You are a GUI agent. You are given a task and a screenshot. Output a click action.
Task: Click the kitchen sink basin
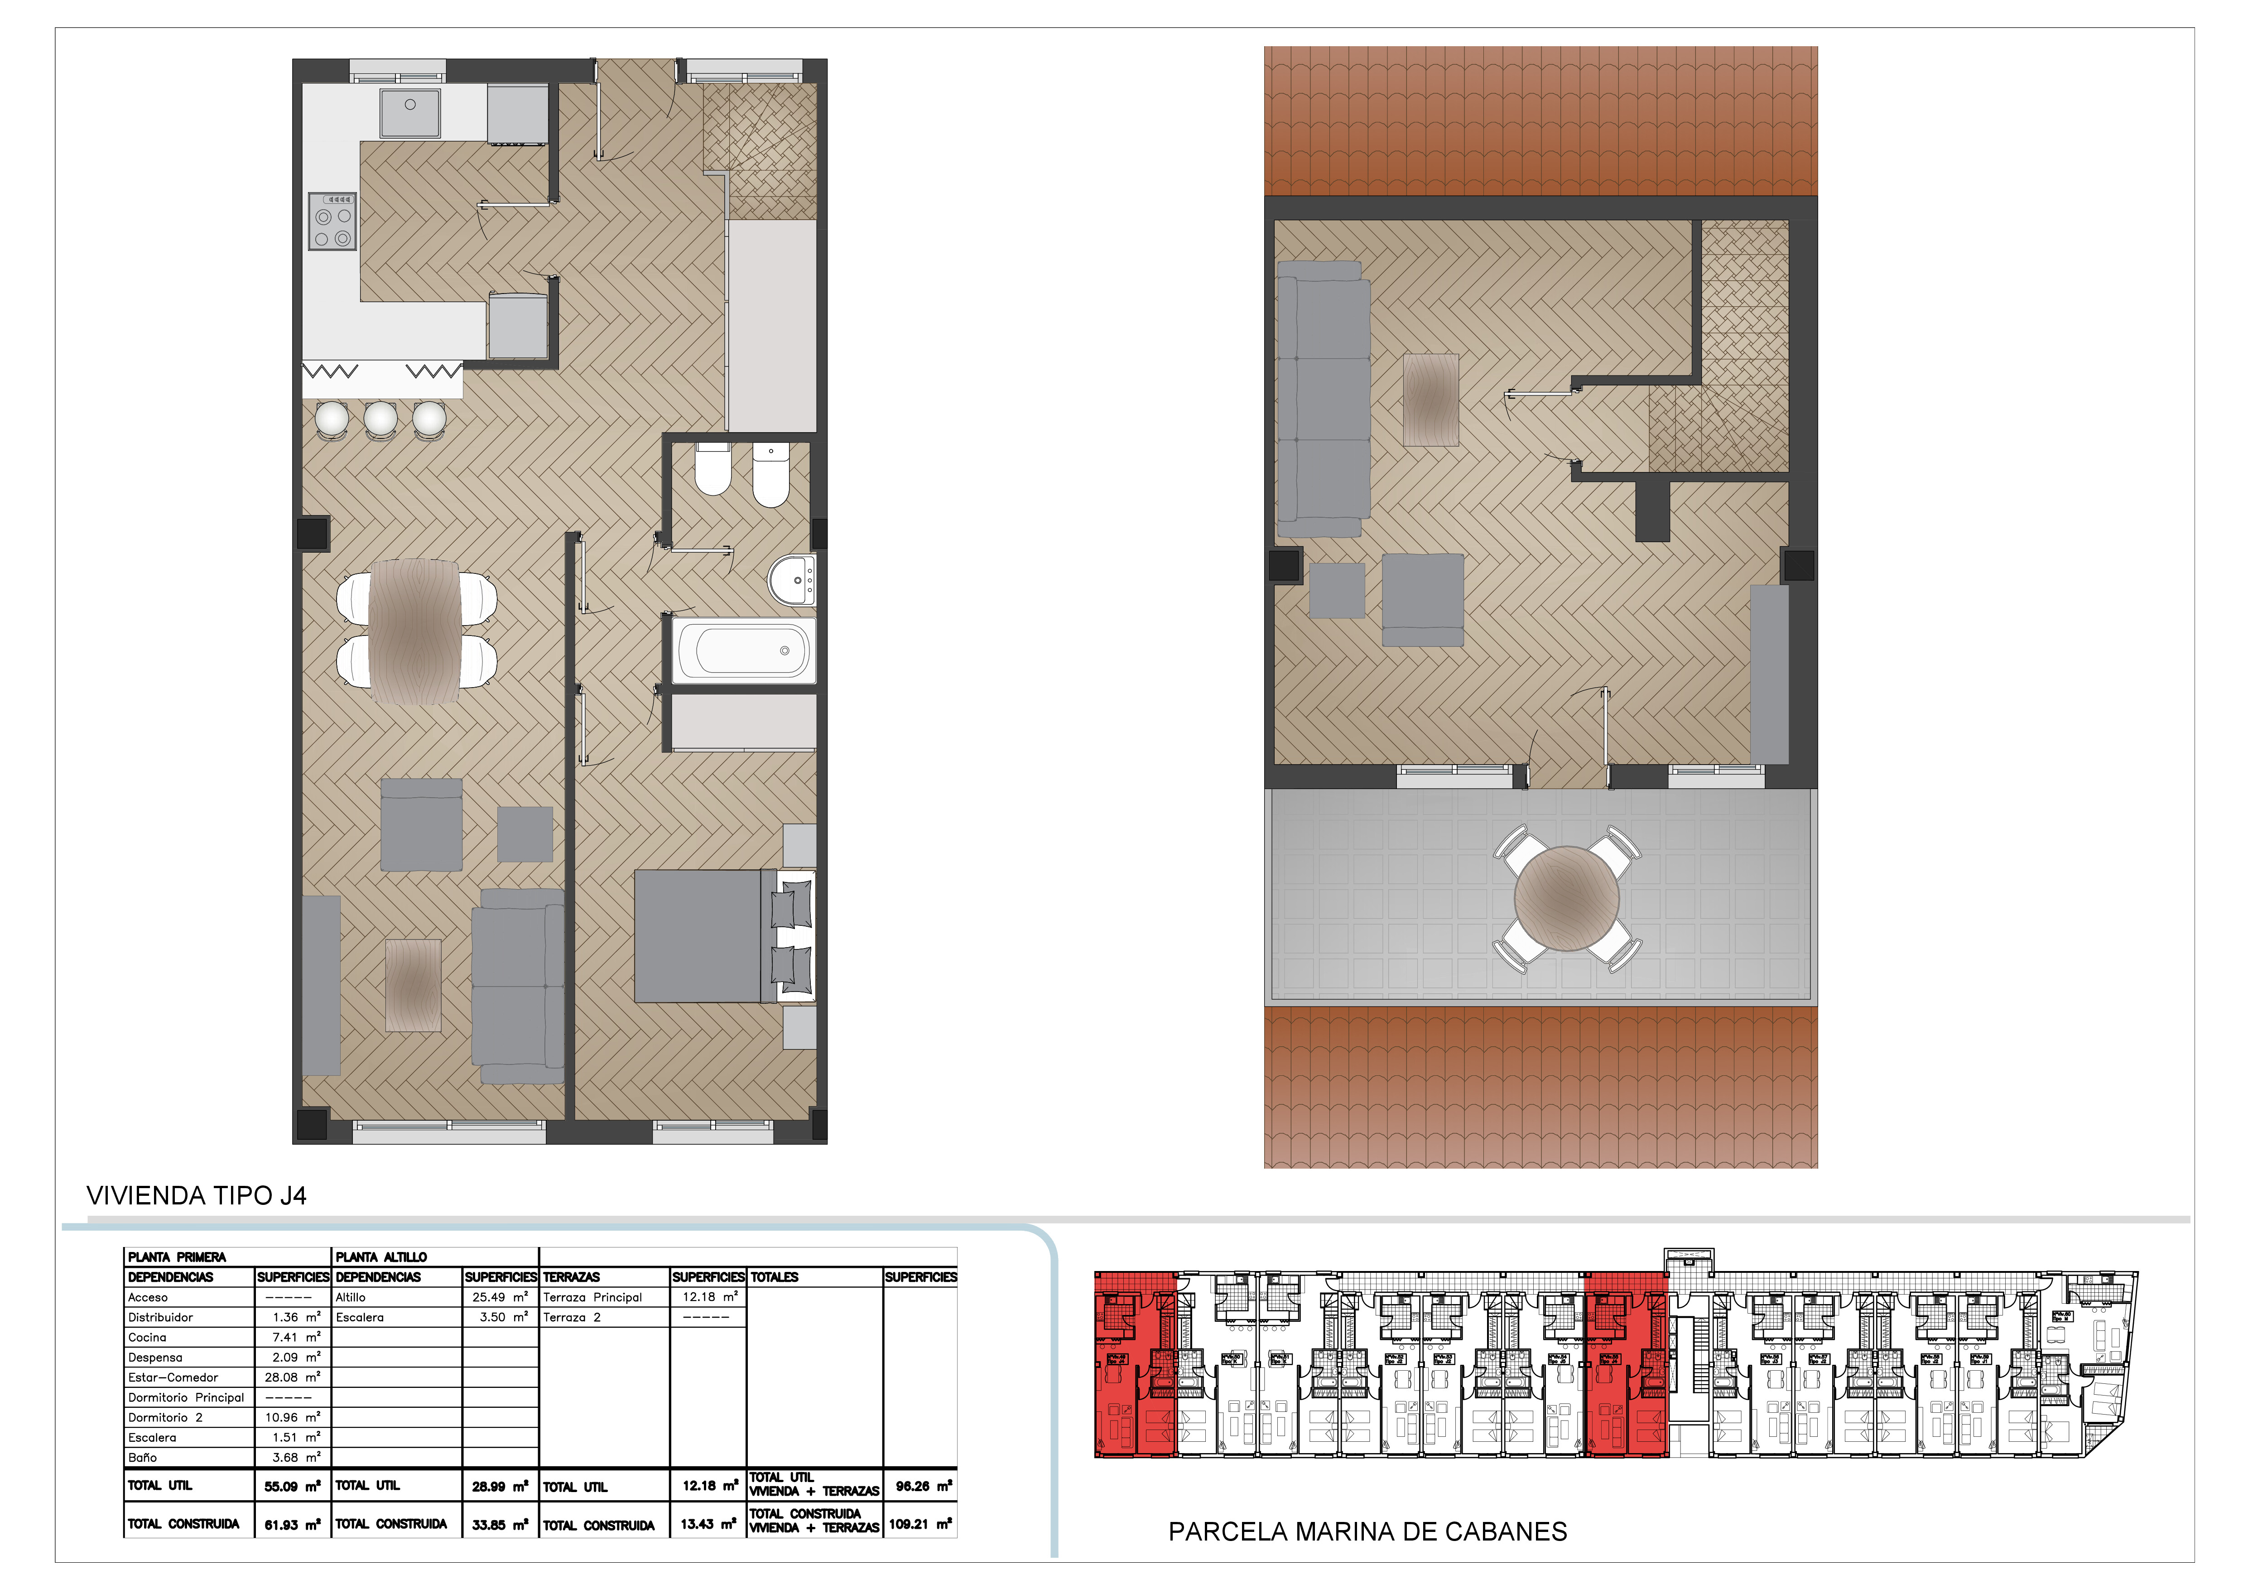(x=410, y=113)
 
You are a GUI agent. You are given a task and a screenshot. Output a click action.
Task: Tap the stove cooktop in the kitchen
(x=332, y=221)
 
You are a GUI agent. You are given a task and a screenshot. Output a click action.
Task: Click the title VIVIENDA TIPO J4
(x=197, y=1195)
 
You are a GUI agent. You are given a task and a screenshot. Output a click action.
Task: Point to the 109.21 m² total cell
(x=919, y=1523)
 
